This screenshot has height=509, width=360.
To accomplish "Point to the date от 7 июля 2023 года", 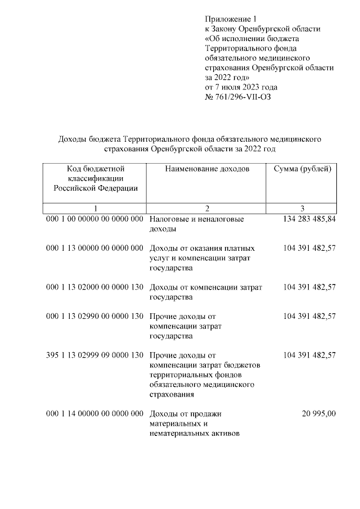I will pyautogui.click(x=241, y=87).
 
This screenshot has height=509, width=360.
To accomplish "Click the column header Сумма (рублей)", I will pyautogui.click(x=302, y=169).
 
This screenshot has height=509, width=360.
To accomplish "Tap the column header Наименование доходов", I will pyautogui.click(x=206, y=169).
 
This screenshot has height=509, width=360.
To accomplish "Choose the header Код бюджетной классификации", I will pyautogui.click(x=95, y=178).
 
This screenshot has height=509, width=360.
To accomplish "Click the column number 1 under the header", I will pyautogui.click(x=95, y=208).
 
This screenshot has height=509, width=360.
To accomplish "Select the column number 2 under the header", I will pyautogui.click(x=206, y=208).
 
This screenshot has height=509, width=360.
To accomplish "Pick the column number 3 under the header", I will pyautogui.click(x=302, y=208).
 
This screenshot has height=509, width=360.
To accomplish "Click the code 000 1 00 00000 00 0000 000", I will pyautogui.click(x=95, y=219).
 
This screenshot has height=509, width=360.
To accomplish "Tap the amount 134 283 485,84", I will pyautogui.click(x=307, y=219).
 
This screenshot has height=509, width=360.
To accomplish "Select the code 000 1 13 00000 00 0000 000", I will pyautogui.click(x=95, y=248).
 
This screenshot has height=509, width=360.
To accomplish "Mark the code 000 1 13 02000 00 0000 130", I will pyautogui.click(x=95, y=287).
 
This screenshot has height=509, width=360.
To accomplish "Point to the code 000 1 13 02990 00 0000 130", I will pyautogui.click(x=95, y=316).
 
